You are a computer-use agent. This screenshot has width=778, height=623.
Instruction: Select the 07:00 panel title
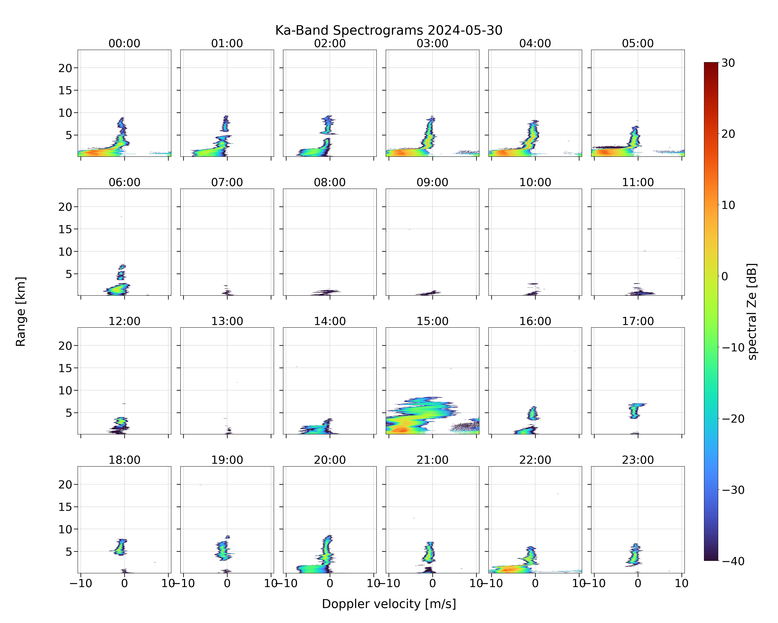(x=227, y=182)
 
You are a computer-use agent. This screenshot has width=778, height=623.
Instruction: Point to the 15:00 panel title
(x=432, y=321)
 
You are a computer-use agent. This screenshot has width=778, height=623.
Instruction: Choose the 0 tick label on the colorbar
(x=725, y=276)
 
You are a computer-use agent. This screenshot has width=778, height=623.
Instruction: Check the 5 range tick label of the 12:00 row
(x=69, y=413)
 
